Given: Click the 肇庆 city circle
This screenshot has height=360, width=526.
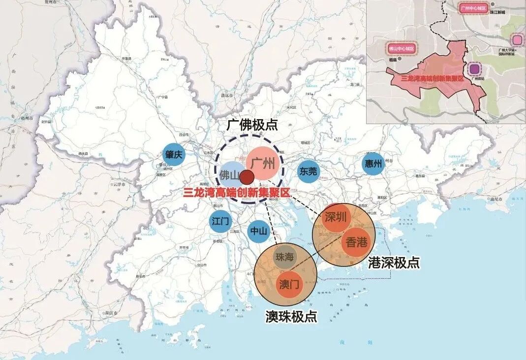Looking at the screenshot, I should pyautogui.click(x=174, y=155).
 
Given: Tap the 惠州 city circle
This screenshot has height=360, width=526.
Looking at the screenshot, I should pyautogui.click(x=373, y=164).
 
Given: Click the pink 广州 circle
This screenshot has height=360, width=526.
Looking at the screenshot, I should pyautogui.click(x=263, y=164).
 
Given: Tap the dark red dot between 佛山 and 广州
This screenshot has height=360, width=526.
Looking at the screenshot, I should pyautogui.click(x=247, y=177).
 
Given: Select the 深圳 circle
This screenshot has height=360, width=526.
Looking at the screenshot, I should pyautogui.click(x=337, y=218).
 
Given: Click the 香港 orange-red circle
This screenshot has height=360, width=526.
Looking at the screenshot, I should pyautogui.click(x=356, y=242).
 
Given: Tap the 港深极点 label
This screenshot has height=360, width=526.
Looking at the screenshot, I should pyautogui.click(x=394, y=262).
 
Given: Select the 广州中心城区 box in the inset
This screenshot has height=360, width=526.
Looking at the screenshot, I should pyautogui.click(x=473, y=8).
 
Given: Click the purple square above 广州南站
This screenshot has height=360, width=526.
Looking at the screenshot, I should pyautogui.click(x=474, y=68).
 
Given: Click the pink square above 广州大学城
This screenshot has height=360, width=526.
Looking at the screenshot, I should pyautogui.click(x=517, y=39).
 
